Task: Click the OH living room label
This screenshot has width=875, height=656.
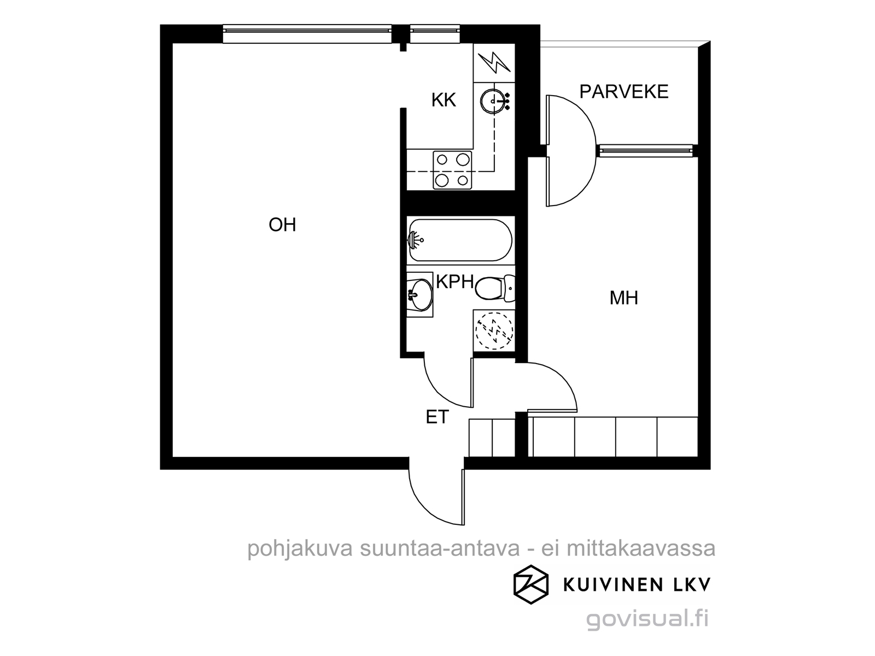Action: click(x=282, y=225)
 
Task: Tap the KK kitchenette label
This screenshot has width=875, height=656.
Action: click(x=444, y=100)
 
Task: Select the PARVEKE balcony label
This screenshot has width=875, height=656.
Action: click(x=623, y=92)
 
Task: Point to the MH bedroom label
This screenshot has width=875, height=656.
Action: click(x=624, y=298)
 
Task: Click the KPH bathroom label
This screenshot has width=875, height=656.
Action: click(x=455, y=282)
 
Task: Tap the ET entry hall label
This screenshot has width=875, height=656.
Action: click(x=437, y=417)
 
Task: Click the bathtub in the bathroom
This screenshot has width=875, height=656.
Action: click(x=460, y=240)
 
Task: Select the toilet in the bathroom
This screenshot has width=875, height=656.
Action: click(x=495, y=288)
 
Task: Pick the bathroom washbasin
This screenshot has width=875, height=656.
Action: click(x=420, y=295)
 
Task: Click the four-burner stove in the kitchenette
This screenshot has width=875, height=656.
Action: click(x=452, y=170)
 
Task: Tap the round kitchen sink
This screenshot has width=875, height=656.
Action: click(x=493, y=101)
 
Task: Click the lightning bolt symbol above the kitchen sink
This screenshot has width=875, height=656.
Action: click(x=494, y=63)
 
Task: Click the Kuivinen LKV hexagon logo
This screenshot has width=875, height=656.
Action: click(x=530, y=584)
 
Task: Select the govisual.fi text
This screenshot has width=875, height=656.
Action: click(x=647, y=619)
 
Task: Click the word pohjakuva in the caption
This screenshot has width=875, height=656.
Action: click(x=300, y=549)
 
